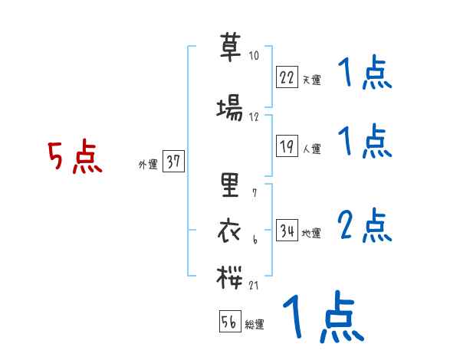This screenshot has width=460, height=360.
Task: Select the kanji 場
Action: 230,109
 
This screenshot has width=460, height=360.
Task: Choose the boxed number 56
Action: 229,322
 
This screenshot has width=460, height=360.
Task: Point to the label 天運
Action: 311,79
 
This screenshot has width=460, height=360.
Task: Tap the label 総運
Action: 255,324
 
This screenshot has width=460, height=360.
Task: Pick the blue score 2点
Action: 365,226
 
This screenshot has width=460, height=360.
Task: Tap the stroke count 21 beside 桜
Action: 255,285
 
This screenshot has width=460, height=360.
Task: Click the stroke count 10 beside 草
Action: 255,56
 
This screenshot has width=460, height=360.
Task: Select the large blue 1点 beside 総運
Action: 321,318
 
